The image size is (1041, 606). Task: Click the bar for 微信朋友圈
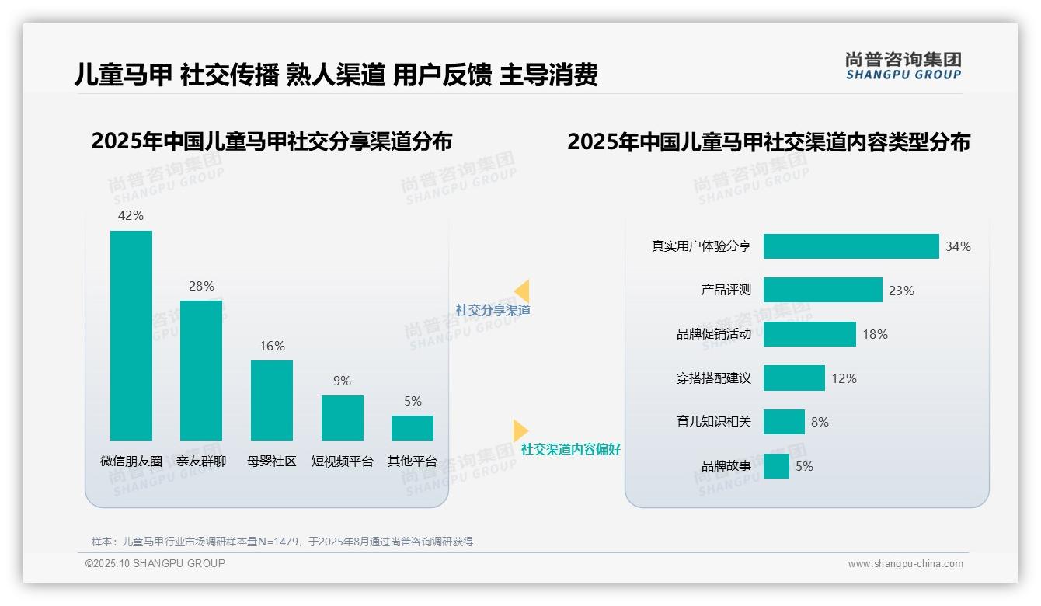click(x=131, y=335)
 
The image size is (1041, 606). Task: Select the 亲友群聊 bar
click(x=201, y=370)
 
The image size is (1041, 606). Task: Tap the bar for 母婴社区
click(x=272, y=400)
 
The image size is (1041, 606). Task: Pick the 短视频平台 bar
click(x=343, y=418)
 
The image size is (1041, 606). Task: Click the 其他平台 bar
click(x=413, y=428)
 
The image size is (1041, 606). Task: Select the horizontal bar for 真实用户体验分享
click(x=851, y=246)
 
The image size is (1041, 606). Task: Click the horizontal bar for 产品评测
click(x=823, y=290)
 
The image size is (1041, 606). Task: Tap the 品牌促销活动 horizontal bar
click(x=809, y=334)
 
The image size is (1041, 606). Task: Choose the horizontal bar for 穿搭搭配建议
click(x=794, y=378)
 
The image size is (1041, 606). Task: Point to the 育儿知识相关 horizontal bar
click(x=784, y=422)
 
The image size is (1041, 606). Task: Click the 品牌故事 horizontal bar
click(x=776, y=466)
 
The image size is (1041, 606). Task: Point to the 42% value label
click(x=131, y=215)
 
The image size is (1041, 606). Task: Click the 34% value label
click(x=958, y=247)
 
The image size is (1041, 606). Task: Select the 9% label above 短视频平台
click(x=342, y=381)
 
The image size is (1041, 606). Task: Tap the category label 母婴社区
click(x=272, y=461)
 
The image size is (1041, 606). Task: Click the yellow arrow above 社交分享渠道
click(x=522, y=291)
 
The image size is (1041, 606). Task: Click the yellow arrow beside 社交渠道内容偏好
click(x=520, y=430)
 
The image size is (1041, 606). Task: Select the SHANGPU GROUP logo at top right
click(x=903, y=66)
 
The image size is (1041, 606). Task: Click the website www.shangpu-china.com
click(x=905, y=564)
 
